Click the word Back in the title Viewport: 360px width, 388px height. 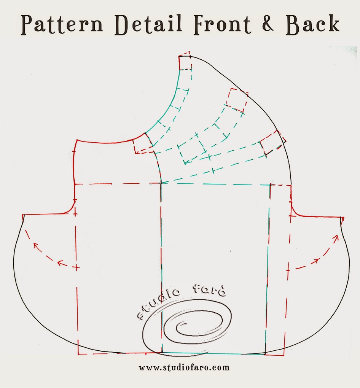coord(314,24)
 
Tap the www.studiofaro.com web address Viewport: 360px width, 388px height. coord(184,367)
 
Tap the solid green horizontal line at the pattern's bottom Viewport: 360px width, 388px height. coord(213,353)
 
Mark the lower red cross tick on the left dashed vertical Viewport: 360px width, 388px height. coord(76,267)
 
